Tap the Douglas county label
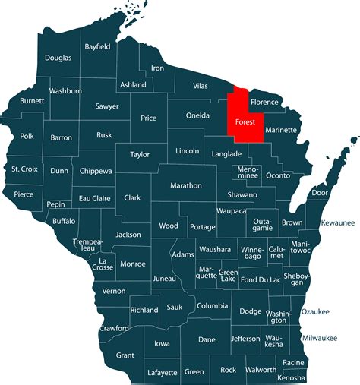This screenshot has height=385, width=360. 58,58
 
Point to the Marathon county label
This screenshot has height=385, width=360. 186,185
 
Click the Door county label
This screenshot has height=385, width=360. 320,193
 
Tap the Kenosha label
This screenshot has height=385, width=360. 291,377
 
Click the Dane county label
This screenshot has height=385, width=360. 207,339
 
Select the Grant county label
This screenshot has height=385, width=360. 125,355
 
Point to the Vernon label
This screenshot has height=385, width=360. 114,291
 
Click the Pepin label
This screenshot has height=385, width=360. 55,205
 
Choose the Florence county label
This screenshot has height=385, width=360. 265,101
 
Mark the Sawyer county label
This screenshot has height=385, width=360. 107,106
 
